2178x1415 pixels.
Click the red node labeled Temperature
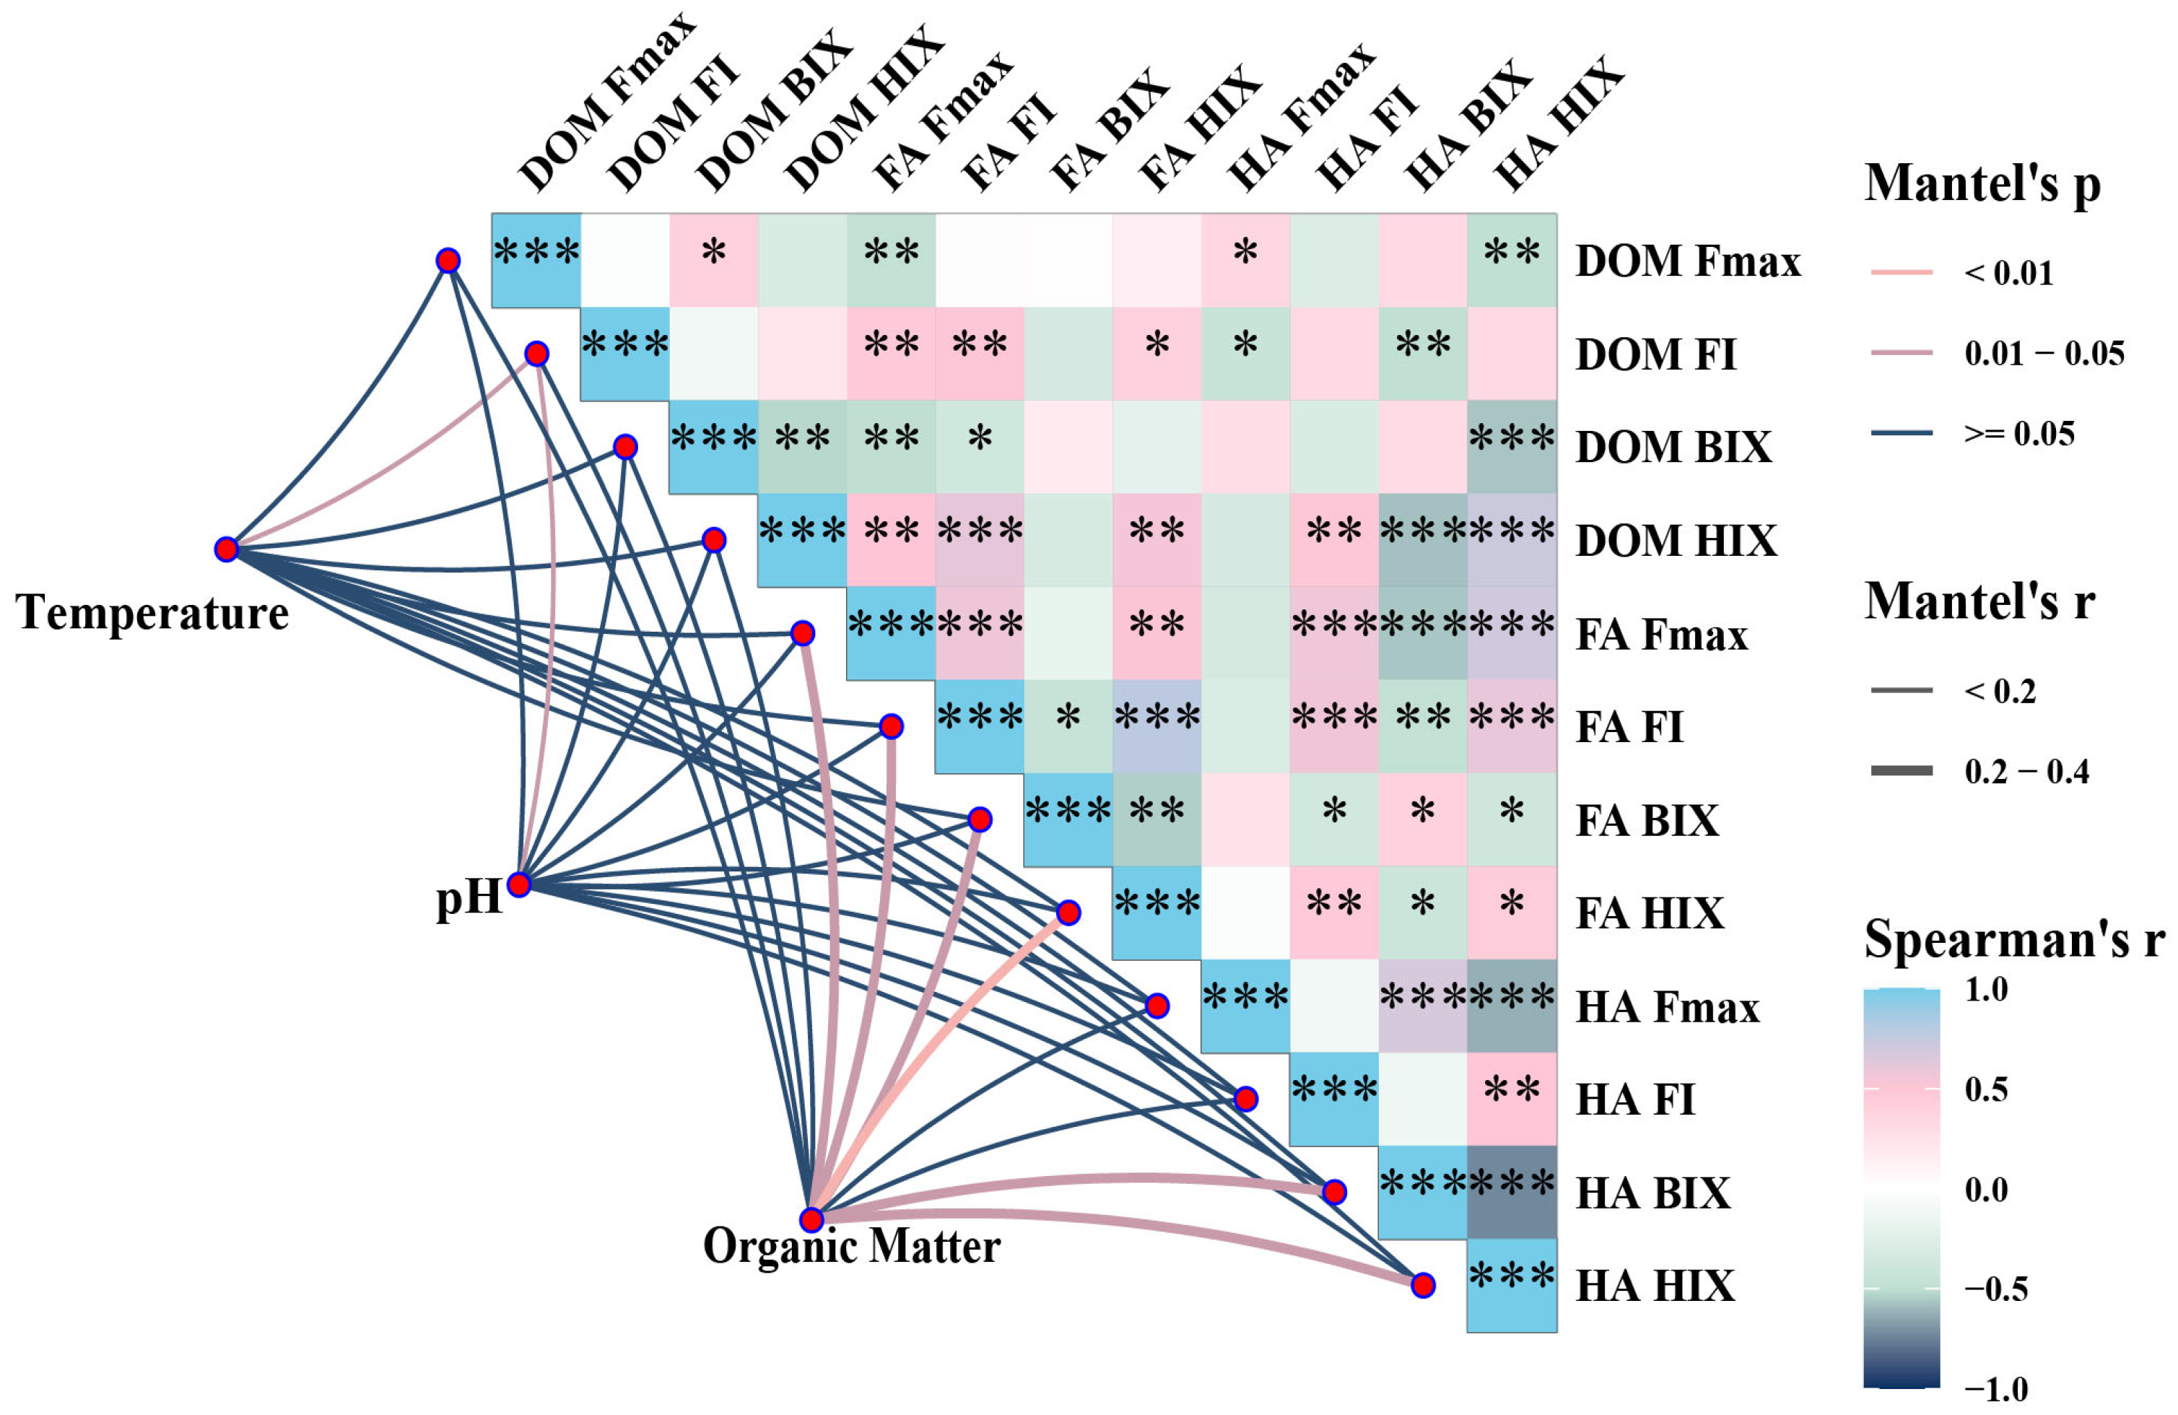click(226, 549)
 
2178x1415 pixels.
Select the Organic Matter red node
click(811, 1219)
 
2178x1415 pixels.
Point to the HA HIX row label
click(1655, 1286)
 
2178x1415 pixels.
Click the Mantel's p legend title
click(1982, 183)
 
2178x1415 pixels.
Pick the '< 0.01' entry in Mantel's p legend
click(2008, 273)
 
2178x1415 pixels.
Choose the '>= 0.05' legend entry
click(2018, 433)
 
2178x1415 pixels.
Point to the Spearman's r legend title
click(2013, 939)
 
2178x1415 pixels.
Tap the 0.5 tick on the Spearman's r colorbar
click(1986, 1089)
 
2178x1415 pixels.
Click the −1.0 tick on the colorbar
click(1995, 1390)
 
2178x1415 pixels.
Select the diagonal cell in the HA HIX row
click(1512, 1285)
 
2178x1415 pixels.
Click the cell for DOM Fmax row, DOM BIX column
click(714, 260)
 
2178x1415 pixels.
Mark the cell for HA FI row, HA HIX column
click(1512, 1098)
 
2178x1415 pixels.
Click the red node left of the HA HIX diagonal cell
click(1422, 1285)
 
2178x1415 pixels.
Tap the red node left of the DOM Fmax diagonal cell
click(448, 261)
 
